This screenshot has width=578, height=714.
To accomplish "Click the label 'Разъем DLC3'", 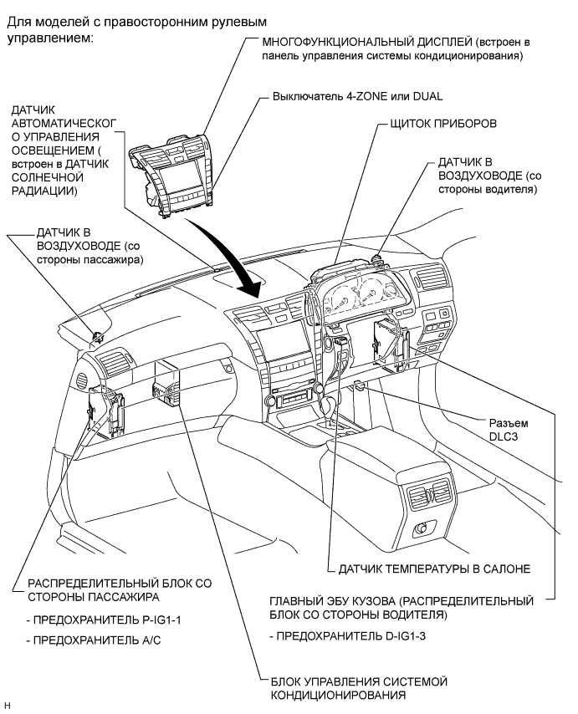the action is [509, 430].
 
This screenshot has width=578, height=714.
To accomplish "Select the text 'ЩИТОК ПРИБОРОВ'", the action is [443, 124].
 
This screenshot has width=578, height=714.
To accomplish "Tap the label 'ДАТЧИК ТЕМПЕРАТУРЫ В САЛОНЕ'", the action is [434, 569].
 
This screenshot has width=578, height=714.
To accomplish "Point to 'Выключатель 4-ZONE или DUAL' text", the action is [357, 96].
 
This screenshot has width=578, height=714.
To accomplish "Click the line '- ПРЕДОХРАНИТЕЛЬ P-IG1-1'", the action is [104, 620].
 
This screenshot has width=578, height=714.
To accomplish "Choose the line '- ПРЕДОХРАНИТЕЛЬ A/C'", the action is [94, 640].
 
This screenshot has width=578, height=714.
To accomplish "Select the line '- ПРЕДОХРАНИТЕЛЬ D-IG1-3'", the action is [347, 635].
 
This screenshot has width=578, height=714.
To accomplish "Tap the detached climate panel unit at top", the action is [172, 176].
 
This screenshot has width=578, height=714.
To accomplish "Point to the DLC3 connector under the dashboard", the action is [359, 386].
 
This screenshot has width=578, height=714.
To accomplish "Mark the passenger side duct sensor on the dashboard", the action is [98, 338].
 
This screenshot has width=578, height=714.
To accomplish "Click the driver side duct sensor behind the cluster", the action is [377, 259].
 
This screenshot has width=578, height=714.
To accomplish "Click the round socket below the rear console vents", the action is [422, 528].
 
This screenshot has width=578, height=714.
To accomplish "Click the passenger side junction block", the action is [105, 409].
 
